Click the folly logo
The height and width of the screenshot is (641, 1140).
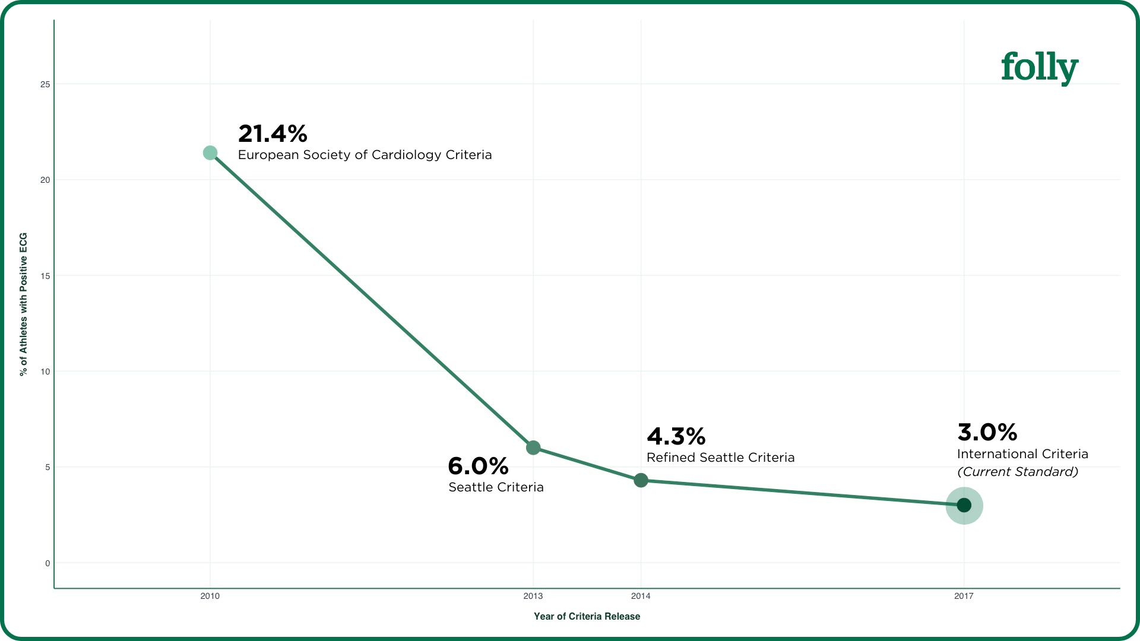tap(1039, 68)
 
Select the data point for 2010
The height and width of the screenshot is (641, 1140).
tap(210, 153)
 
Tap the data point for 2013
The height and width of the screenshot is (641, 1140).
tap(533, 448)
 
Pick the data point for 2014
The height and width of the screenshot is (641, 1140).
tap(641, 480)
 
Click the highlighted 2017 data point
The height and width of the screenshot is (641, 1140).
tap(964, 505)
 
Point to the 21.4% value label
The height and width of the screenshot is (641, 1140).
tap(273, 134)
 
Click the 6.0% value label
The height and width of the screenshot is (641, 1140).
tap(478, 467)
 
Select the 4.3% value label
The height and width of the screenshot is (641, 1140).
tap(676, 437)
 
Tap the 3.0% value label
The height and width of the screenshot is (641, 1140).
tap(987, 433)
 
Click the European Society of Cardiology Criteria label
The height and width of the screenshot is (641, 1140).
tap(365, 155)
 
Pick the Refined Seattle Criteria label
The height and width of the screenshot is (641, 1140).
tap(720, 458)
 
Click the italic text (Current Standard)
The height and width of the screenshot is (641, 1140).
tap(1018, 472)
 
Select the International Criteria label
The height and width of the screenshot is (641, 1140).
tap(1022, 454)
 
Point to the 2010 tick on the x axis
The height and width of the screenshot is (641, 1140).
tap(210, 596)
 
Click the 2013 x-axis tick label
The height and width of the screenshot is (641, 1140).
tap(533, 596)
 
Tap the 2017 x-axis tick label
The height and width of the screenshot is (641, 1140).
tap(964, 596)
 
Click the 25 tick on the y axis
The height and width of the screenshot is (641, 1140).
tap(45, 84)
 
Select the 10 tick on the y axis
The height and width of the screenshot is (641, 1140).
tap(45, 372)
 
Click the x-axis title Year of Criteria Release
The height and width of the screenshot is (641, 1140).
tap(587, 616)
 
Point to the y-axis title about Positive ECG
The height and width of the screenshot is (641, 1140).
tap(24, 304)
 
